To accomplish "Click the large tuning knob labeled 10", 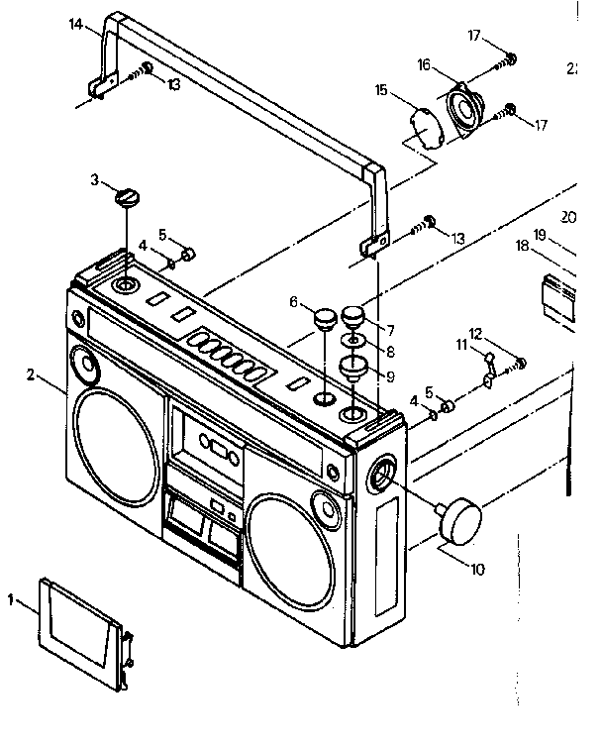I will tap(459, 520).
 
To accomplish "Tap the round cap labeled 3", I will tap(127, 198).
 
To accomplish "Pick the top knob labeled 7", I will tap(355, 318).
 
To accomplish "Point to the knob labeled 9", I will tap(353, 371).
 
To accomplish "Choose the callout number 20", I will tap(568, 215).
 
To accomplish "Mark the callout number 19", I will tap(540, 235).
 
